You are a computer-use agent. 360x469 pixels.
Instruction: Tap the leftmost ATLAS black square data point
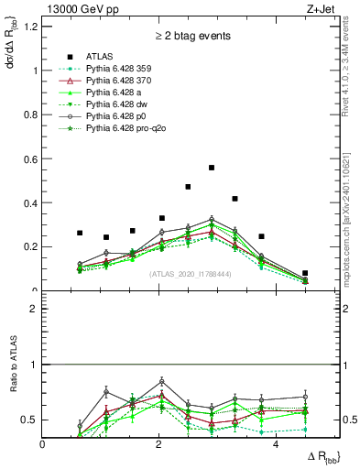click(81, 233)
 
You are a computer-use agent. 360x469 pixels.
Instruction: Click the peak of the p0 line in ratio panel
click(162, 380)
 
